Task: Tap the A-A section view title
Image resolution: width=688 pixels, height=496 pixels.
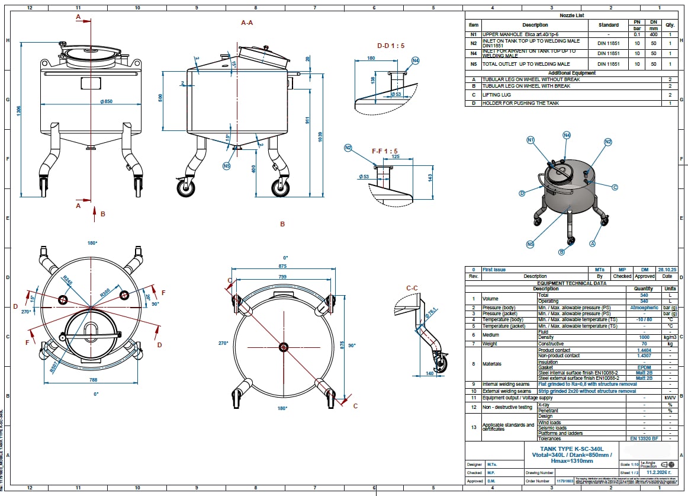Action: [247, 22]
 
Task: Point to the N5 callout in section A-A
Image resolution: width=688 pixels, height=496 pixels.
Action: [226, 165]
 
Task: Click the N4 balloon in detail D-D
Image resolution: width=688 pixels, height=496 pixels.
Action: [415, 60]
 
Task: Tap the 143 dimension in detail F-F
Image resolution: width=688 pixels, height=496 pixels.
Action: [430, 177]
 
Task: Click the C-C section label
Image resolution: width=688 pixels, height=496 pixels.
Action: [413, 289]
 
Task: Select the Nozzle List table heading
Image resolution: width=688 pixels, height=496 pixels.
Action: [571, 15]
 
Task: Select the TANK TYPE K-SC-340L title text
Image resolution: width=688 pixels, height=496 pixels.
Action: [572, 449]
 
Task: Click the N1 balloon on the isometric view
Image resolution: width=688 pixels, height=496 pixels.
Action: [531, 140]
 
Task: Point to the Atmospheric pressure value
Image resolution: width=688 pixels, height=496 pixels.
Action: [643, 308]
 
